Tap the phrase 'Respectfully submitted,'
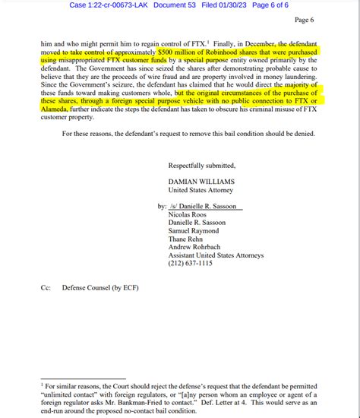[201, 165]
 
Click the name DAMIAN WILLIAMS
[201, 183]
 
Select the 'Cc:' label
[47, 288]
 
